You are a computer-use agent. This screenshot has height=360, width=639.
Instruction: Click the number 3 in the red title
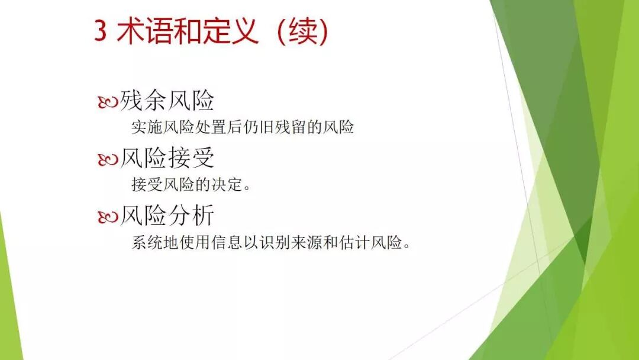click(101, 31)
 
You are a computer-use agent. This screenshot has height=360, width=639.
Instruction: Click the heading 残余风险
click(167, 101)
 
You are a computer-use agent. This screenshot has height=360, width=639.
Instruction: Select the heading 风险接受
click(167, 158)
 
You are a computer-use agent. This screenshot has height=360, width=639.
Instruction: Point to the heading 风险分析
click(167, 216)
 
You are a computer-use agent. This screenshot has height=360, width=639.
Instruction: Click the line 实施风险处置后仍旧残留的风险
click(242, 127)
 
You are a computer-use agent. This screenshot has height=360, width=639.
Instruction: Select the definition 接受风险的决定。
click(191, 185)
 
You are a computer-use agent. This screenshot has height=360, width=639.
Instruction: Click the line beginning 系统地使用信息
click(270, 243)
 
